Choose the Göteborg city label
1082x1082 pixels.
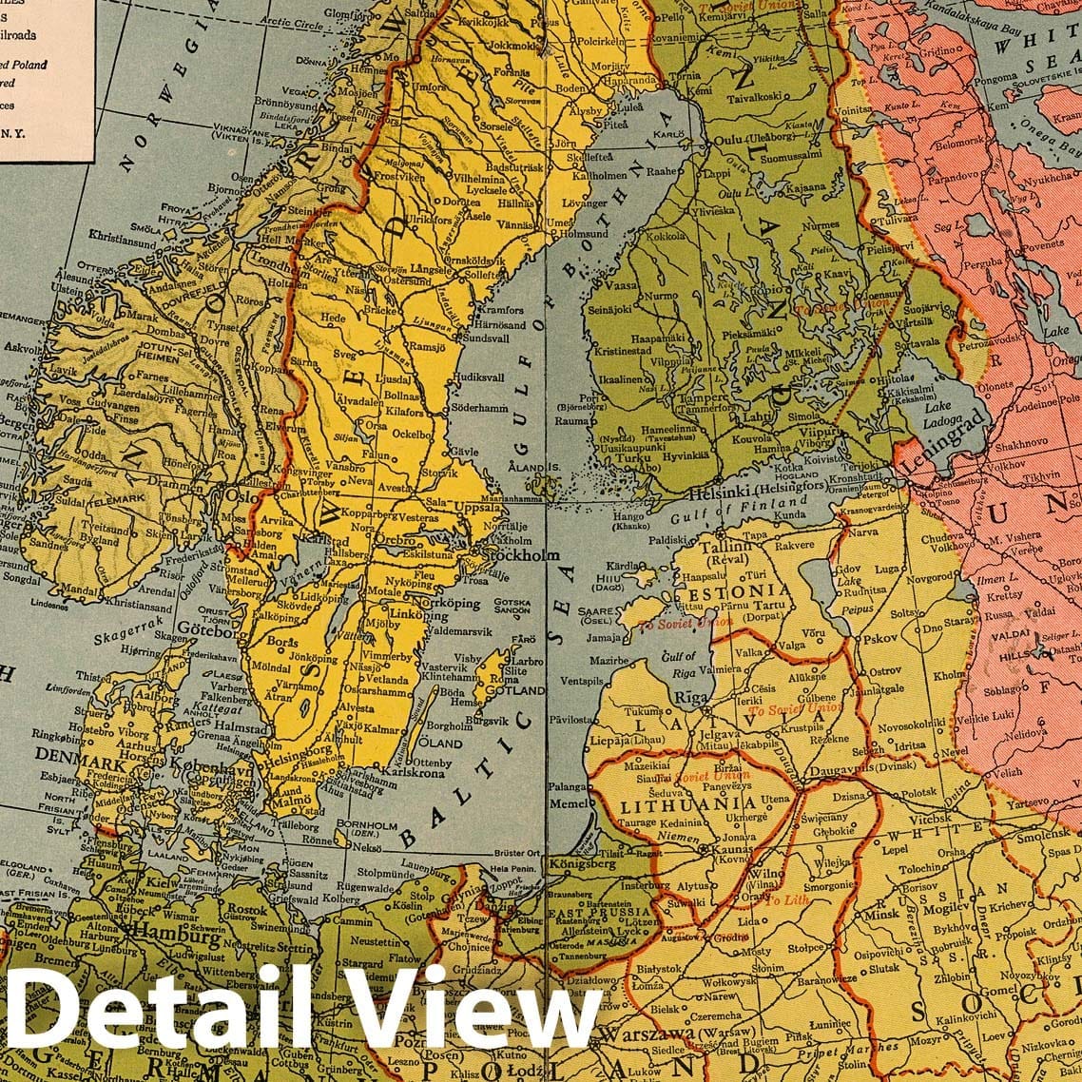(x=200, y=630)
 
